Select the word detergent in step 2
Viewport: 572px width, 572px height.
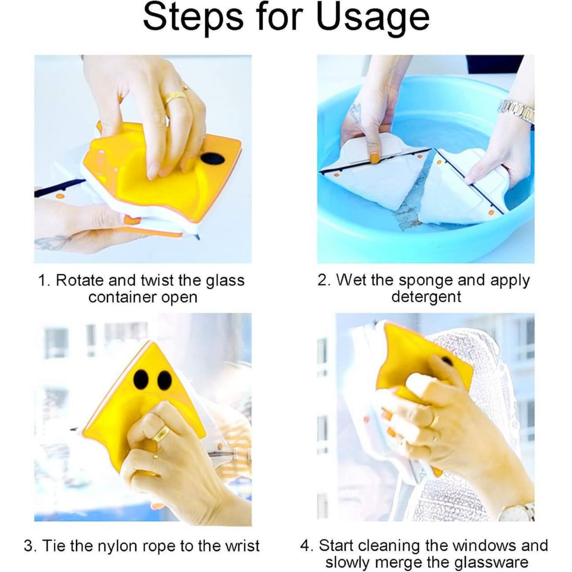(x=426, y=296)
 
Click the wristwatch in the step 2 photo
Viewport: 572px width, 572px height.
(x=517, y=111)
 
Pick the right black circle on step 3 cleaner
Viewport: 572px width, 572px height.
(x=165, y=380)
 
